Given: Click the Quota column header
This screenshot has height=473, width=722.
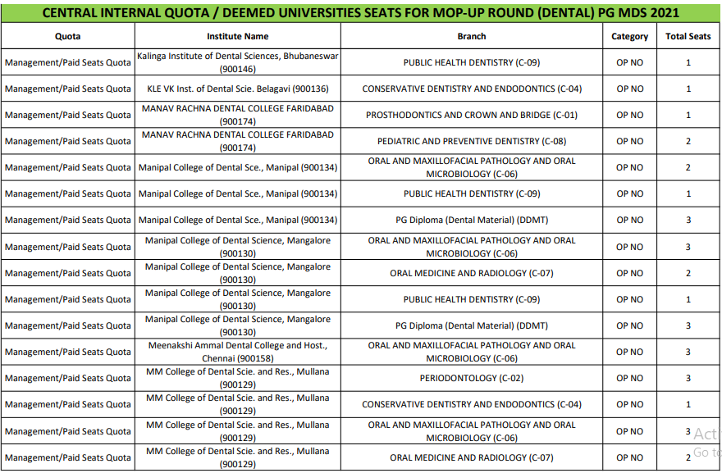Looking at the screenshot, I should (x=67, y=37).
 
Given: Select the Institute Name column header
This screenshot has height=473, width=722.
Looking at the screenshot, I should (x=237, y=37).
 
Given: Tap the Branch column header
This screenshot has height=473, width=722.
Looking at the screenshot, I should (x=472, y=37).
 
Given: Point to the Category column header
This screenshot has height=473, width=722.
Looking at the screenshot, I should (x=629, y=37).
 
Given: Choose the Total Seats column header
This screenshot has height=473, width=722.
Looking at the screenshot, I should (x=688, y=37).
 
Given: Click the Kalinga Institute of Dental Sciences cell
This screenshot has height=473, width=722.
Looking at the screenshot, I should (x=237, y=62).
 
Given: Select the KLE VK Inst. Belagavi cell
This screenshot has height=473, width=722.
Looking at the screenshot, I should (x=237, y=89).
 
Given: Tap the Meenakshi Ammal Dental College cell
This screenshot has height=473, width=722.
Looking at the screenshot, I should (x=237, y=352).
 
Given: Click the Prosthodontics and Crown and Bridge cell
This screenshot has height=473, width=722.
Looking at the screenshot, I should (x=472, y=115).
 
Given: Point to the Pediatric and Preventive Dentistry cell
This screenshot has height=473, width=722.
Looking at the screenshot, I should (x=472, y=141).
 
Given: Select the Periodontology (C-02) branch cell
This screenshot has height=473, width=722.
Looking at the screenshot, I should (x=472, y=378).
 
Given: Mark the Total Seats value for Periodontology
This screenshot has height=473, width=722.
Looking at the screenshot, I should (x=688, y=378).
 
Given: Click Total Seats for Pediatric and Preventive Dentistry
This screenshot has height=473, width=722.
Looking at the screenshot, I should (x=688, y=141).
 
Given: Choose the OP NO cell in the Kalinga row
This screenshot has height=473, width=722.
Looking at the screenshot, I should (x=629, y=62).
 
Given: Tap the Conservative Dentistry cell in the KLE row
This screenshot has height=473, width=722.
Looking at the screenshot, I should (x=472, y=89).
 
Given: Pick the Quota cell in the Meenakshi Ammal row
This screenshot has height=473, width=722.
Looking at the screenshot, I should (x=67, y=352).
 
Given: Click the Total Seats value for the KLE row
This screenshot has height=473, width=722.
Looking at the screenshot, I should (x=688, y=89).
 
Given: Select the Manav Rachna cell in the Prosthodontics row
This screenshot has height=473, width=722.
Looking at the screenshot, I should (x=237, y=115).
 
